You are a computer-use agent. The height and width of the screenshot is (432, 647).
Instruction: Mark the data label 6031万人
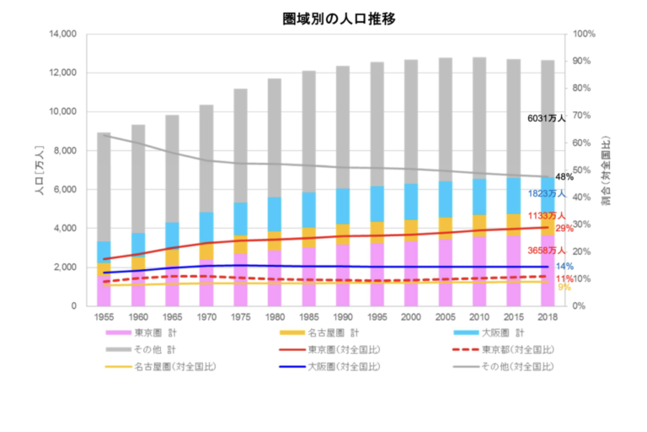pyautogui.click(x=548, y=119)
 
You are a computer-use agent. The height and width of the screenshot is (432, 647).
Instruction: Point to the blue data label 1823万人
pyautogui.click(x=547, y=193)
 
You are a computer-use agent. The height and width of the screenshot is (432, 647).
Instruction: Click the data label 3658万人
pyautogui.click(x=547, y=251)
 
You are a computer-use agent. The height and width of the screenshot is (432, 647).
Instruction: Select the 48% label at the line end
pyautogui.click(x=564, y=177)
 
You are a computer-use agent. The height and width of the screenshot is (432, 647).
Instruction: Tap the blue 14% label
pyautogui.click(x=564, y=267)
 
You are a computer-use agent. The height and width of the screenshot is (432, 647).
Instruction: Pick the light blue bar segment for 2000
pyautogui.click(x=411, y=202)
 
